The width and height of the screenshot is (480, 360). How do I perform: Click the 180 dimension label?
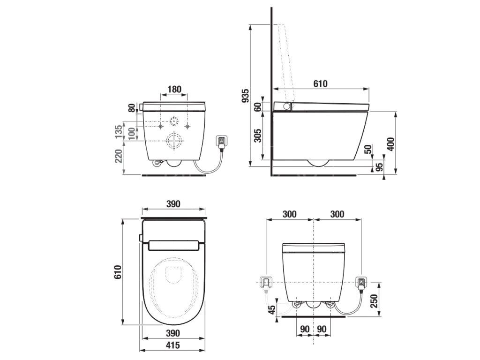tap(174, 90)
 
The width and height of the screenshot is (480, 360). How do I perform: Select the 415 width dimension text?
tap(173, 345)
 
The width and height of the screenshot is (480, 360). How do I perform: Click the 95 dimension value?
tap(380, 167)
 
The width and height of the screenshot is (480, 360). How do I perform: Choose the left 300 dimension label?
tap(289, 214)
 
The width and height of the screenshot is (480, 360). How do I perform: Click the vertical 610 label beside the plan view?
tap(118, 272)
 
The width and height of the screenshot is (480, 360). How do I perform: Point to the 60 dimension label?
tap(258, 106)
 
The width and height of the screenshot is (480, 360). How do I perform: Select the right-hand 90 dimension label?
tap(322, 330)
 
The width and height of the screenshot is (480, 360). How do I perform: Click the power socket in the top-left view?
tap(221, 141)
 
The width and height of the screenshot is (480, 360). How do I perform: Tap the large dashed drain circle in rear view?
tap(174, 141)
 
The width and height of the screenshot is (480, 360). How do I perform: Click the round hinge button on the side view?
tap(287, 107)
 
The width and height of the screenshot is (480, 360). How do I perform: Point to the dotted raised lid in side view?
tap(287, 61)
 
